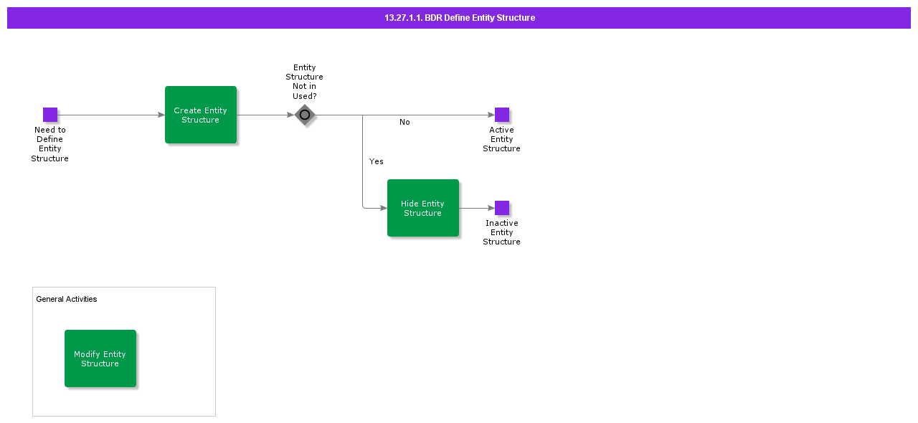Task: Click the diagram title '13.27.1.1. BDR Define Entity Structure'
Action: [459, 18]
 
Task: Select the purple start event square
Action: [50, 115]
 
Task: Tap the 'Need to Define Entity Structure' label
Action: [50, 144]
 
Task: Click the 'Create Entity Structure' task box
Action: [201, 115]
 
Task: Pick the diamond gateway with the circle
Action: [305, 115]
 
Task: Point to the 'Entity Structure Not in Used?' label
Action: [305, 82]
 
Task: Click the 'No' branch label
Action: [404, 123]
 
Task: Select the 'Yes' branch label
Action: [377, 162]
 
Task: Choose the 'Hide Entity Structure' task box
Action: [423, 208]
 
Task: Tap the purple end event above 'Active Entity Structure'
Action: [502, 115]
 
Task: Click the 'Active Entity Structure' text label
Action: [502, 139]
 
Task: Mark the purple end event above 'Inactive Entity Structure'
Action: [502, 208]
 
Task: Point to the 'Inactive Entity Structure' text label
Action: [502, 232]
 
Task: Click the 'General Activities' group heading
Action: [67, 299]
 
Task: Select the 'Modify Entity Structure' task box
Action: [100, 358]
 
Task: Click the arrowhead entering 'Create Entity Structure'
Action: [161, 115]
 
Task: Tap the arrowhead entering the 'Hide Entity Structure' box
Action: [384, 208]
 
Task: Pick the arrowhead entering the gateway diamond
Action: [291, 115]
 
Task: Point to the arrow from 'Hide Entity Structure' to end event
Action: [476, 208]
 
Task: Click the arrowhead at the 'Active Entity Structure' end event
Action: [491, 115]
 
